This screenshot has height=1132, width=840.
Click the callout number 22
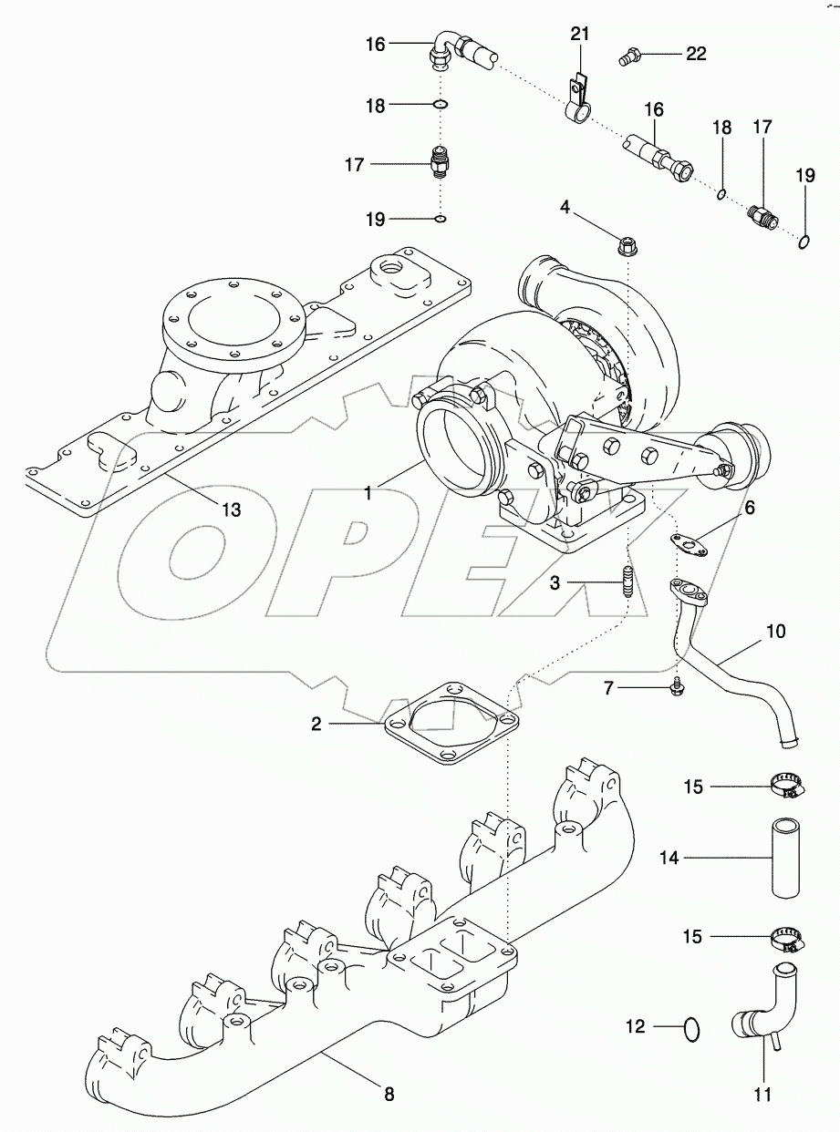(x=696, y=55)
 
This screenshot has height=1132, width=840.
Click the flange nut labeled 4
(x=627, y=243)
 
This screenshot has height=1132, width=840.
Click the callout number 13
(x=232, y=509)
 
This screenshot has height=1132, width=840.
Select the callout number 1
(x=368, y=493)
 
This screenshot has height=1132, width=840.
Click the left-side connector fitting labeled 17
(x=440, y=165)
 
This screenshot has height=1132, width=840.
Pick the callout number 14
(x=670, y=857)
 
